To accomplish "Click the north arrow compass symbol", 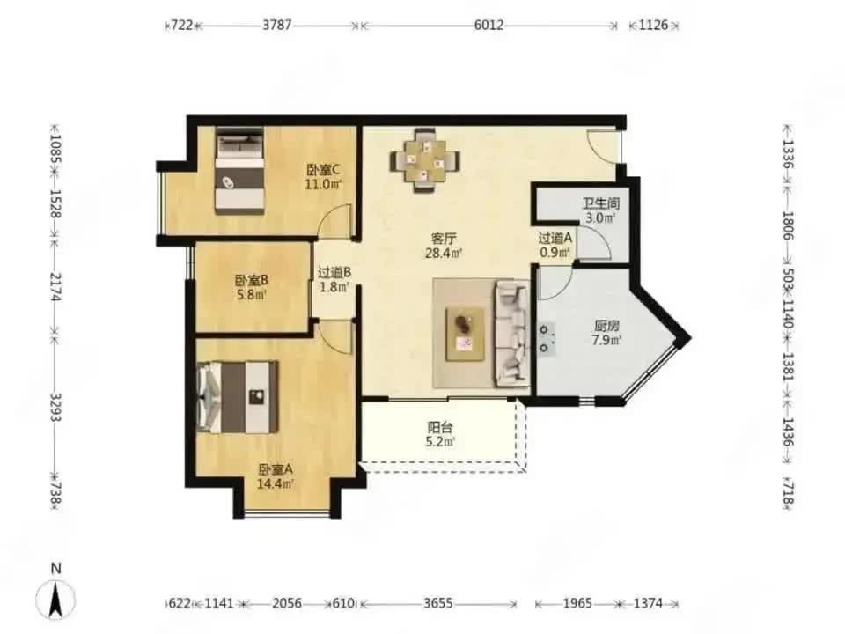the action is coord(55,599).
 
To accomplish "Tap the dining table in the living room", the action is coord(425,160).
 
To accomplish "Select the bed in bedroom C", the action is coord(239,170).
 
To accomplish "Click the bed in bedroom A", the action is coord(238,397).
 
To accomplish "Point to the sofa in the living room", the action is coord(512,333).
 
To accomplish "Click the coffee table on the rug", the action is coord(465,334).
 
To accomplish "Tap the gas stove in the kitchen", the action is coord(545,338).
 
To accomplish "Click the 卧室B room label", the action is coord(251,280).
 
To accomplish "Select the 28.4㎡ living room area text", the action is coord(444,253).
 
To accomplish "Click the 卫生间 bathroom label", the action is coord(601,203).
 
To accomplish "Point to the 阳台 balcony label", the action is coord(440,428).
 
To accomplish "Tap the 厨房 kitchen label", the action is coord(606,326).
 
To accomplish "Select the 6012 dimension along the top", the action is coord(489,25).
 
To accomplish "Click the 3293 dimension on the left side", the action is coord(55,407).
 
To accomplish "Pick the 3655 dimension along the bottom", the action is coord(437,602).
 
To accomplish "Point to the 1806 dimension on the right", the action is coord(789,226).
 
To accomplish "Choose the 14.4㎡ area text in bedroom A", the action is coord(276,483).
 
